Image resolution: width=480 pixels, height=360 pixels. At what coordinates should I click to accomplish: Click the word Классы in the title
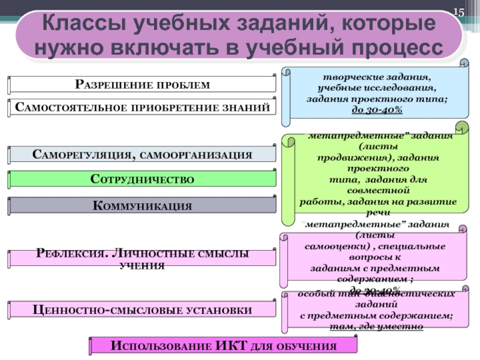[x=81, y=25]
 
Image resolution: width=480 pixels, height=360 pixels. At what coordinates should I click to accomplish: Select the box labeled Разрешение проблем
[x=142, y=84]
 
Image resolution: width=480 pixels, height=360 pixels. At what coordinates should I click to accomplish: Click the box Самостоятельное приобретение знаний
[x=142, y=108]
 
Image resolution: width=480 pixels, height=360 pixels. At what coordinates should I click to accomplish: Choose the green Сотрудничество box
[x=142, y=179]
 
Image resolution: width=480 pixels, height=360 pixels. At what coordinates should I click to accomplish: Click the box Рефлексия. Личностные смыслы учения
[x=142, y=259]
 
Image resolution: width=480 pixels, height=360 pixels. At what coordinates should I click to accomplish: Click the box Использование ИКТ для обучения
[x=223, y=346]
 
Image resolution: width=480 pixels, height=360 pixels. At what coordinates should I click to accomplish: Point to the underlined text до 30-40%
[x=376, y=110]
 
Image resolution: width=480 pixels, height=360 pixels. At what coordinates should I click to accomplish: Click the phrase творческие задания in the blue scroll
[x=376, y=79]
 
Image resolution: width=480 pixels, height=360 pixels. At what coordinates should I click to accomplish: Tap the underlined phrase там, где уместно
[x=376, y=326]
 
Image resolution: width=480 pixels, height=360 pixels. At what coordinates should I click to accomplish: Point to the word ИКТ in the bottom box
[x=230, y=346]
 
